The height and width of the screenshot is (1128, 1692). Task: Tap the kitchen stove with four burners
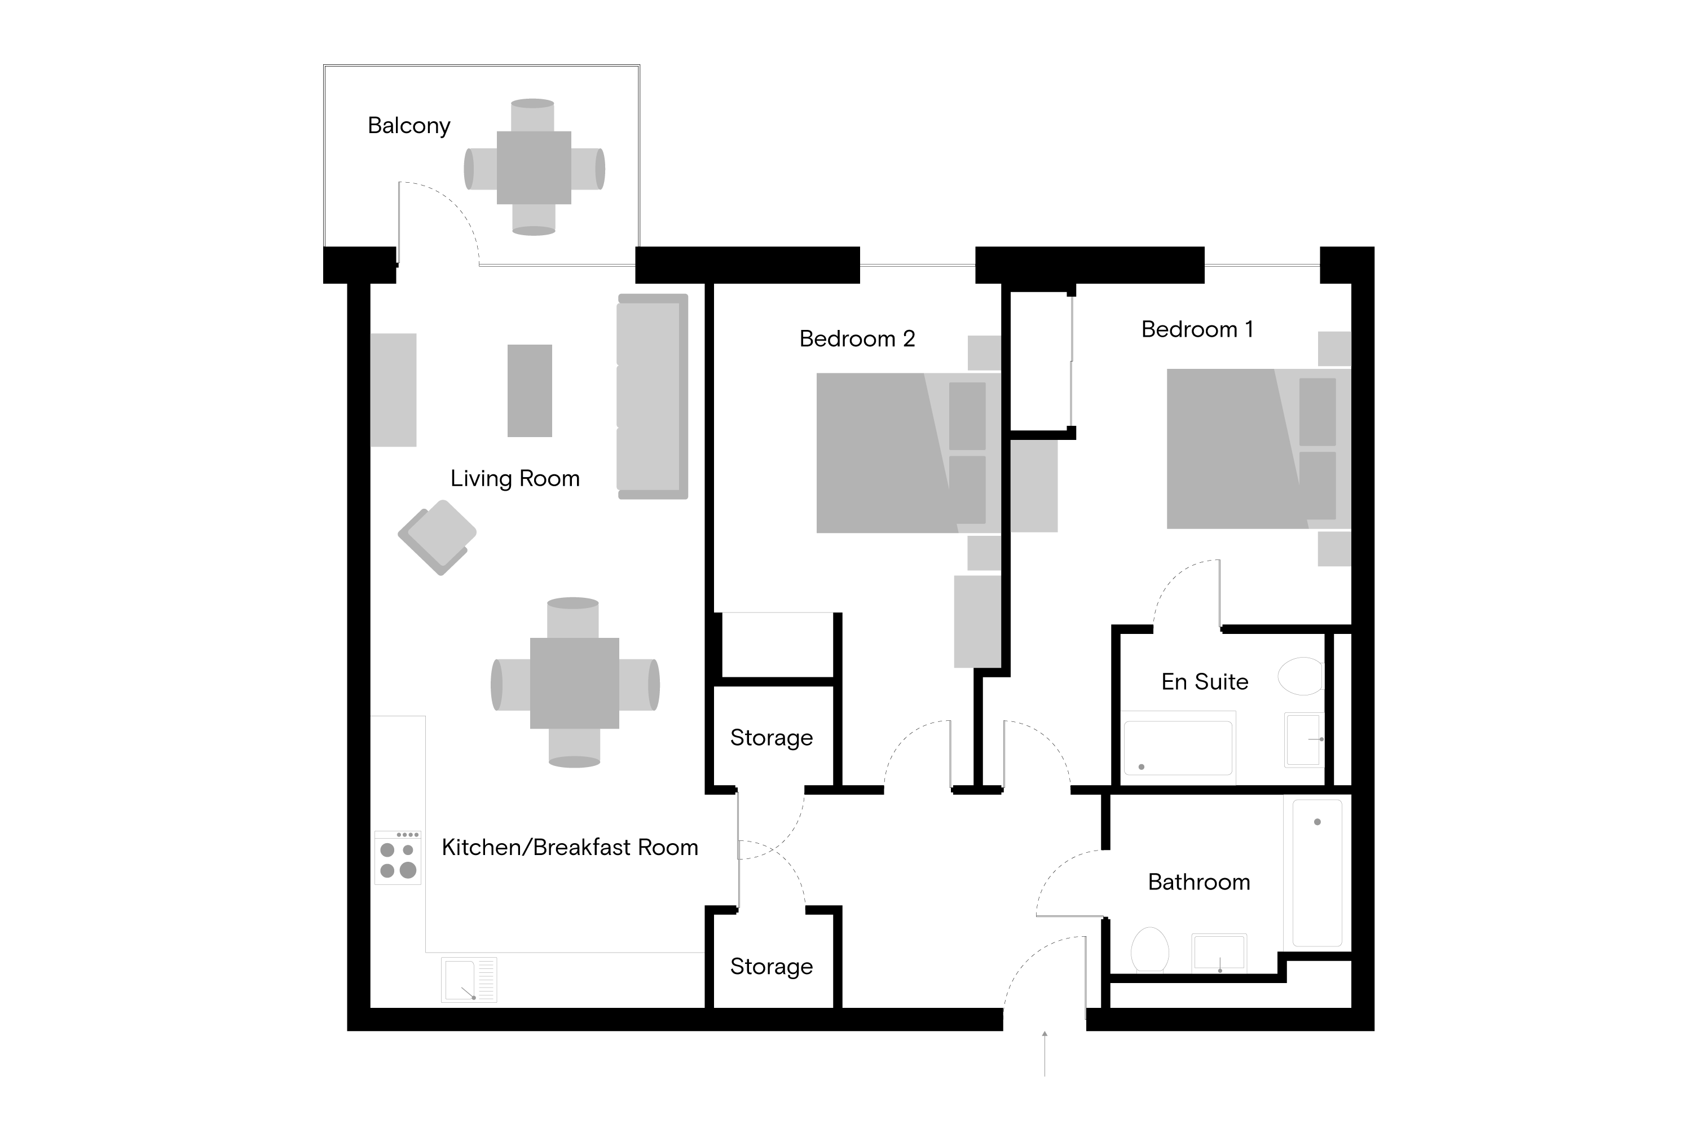point(398,857)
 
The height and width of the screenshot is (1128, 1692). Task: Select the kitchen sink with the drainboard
point(469,980)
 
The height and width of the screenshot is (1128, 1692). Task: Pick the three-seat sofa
point(652,396)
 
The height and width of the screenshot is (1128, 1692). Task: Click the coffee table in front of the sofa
point(530,391)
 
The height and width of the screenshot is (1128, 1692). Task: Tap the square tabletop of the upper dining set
point(534,168)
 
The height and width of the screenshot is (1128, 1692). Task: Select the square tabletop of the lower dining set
point(574,684)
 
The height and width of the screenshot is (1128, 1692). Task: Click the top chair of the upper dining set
point(532,115)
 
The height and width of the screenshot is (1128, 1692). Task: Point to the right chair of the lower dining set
point(638,684)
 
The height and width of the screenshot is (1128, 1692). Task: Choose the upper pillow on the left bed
point(967,416)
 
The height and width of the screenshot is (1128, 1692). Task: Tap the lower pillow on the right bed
point(1317,486)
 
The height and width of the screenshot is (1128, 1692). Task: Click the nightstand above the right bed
point(1334,349)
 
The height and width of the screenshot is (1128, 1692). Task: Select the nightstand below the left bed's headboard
point(984,553)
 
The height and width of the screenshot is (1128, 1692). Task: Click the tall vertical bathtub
point(1316,873)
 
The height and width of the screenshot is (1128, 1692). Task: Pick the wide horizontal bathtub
point(1178,748)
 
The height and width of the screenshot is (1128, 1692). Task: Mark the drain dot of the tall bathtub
point(1317,822)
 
